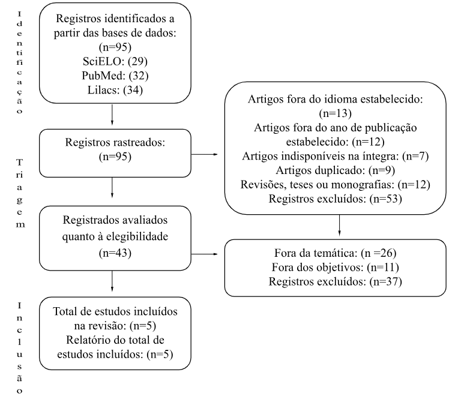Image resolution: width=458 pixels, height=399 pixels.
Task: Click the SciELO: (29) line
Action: tap(115, 61)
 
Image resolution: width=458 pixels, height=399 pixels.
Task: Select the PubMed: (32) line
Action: tap(115, 76)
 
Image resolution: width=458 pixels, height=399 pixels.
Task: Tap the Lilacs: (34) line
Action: tap(115, 90)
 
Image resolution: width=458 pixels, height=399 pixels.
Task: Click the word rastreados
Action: tap(139, 142)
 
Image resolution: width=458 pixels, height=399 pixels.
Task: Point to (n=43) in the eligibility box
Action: tap(115, 253)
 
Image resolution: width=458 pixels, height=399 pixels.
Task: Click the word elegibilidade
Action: tap(137, 236)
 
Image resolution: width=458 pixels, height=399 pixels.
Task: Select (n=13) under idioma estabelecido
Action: tap(336, 113)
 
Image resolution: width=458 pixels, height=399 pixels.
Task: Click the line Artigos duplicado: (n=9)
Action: tap(336, 170)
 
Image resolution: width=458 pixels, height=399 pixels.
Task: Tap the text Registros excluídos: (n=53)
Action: tap(336, 199)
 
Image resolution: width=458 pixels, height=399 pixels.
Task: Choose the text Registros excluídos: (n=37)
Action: tap(336, 281)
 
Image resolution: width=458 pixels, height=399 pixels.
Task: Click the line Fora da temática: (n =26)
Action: tap(336, 253)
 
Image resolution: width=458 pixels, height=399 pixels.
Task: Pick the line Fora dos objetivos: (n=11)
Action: tap(336, 268)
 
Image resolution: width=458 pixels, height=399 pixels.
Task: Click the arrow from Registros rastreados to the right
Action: tap(205, 154)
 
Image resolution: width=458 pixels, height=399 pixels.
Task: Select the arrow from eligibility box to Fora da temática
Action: tap(205, 254)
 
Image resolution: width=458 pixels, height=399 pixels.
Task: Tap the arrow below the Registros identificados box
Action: tap(112, 115)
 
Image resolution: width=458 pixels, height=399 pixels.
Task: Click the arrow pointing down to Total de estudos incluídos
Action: tap(112, 281)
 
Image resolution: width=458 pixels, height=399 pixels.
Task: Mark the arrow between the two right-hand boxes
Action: tap(339, 226)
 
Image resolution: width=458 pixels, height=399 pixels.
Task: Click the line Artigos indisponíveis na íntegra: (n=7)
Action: tap(336, 156)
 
